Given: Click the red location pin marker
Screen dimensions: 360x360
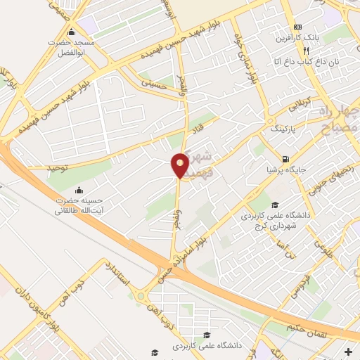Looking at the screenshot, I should (x=180, y=165).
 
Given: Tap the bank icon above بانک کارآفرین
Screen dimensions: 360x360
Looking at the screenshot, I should (x=297, y=25).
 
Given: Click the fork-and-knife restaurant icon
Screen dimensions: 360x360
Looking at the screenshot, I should (x=306, y=51).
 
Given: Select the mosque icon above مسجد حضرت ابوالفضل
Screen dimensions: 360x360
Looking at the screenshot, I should (x=71, y=32).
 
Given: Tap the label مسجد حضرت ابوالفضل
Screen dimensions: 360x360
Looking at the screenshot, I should (x=67, y=47).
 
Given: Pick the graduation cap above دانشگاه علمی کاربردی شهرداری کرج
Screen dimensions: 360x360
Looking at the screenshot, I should (x=274, y=204).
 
